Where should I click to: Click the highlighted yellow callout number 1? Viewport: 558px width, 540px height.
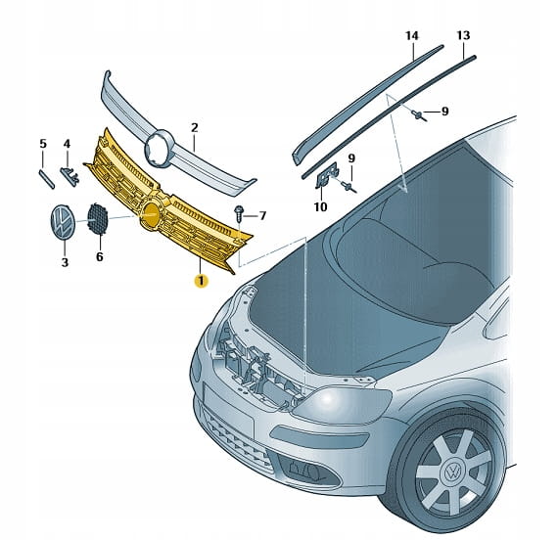201,281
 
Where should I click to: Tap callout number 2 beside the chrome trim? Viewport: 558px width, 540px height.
194,127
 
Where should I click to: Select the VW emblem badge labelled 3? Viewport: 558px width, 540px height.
63,222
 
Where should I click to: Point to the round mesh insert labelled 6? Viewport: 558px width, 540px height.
98,218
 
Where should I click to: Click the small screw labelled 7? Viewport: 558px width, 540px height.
239,212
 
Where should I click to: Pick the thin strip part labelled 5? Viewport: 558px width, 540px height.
46,179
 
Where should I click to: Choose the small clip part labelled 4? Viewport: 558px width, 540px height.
70,175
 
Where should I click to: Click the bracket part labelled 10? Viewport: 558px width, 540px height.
327,175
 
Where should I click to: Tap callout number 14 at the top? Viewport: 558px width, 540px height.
412,35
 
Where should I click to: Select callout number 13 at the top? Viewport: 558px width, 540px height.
463,35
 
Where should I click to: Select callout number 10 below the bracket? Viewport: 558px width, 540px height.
320,206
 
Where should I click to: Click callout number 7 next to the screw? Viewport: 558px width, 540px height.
262,215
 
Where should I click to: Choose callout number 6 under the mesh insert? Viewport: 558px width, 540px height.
100,256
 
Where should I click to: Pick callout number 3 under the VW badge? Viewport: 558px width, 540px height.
65,262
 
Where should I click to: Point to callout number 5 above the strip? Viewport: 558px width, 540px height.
43,144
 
